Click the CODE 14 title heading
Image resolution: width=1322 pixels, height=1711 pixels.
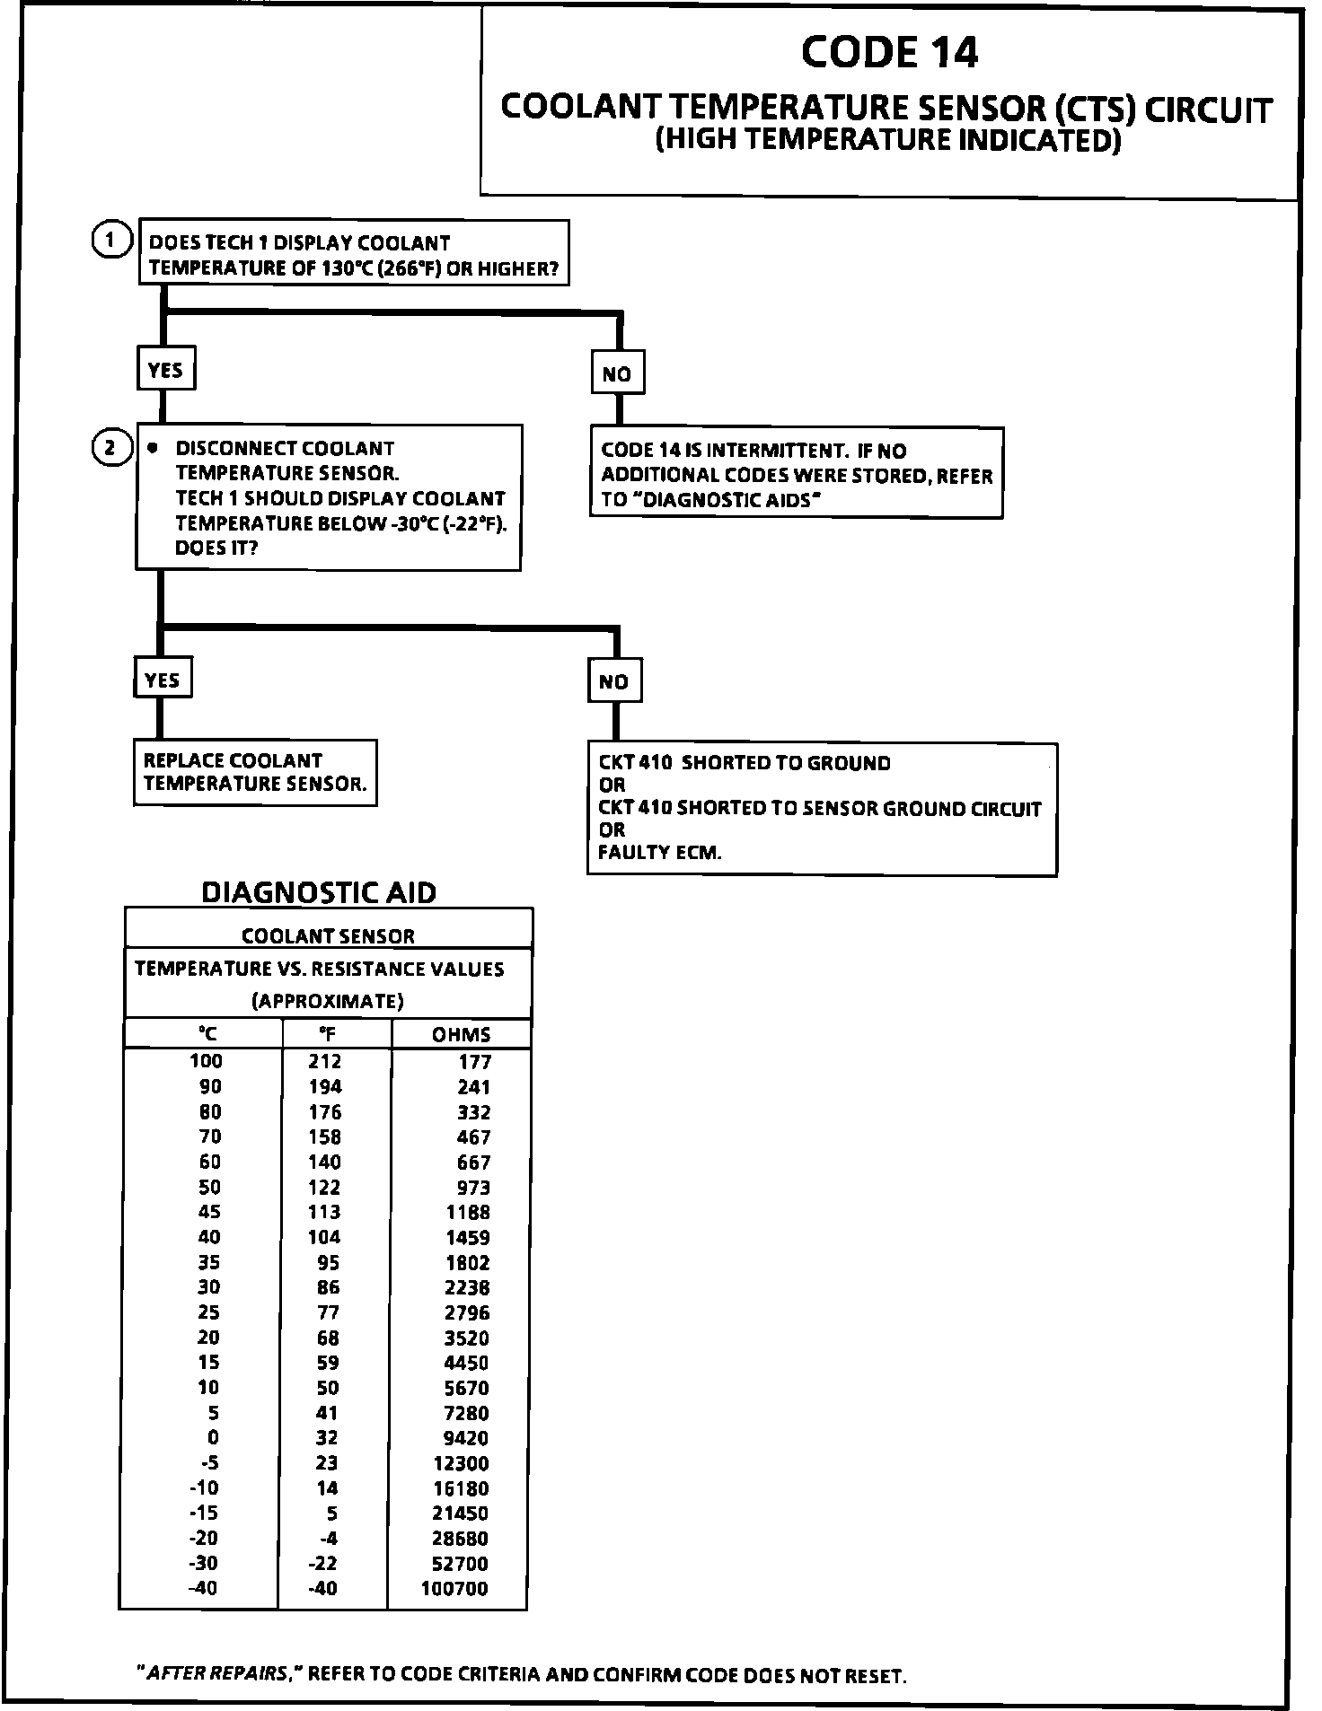pyautogui.click(x=888, y=52)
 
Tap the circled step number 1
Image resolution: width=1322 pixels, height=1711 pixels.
pyautogui.click(x=110, y=241)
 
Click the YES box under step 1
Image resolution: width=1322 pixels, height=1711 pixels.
pyautogui.click(x=165, y=369)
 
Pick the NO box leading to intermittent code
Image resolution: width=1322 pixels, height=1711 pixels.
pyautogui.click(x=617, y=373)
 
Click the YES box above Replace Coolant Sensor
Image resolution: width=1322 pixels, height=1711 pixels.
pyautogui.click(x=162, y=680)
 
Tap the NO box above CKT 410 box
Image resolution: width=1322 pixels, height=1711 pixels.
pyautogui.click(x=613, y=681)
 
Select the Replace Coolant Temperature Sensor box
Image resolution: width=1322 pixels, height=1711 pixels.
pyautogui.click(x=255, y=772)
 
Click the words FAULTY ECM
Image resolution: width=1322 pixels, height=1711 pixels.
pyautogui.click(x=659, y=852)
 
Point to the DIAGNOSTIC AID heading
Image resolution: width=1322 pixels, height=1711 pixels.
pyautogui.click(x=319, y=892)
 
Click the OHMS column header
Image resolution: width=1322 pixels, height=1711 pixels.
pyautogui.click(x=461, y=1034)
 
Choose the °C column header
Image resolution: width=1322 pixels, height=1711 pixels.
pyautogui.click(x=206, y=1034)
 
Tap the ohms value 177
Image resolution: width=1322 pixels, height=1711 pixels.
pyautogui.click(x=475, y=1062)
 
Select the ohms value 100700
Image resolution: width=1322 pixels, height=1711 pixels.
pyautogui.click(x=454, y=1588)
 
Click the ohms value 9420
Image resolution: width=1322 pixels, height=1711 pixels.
pyautogui.click(x=467, y=1437)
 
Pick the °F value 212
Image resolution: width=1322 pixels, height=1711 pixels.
pyautogui.click(x=325, y=1062)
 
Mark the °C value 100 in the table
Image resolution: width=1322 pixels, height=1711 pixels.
pyautogui.click(x=206, y=1061)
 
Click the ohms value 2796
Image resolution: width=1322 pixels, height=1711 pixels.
pyautogui.click(x=467, y=1312)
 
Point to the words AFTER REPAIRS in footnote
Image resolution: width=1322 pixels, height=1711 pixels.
pyautogui.click(x=219, y=1674)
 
